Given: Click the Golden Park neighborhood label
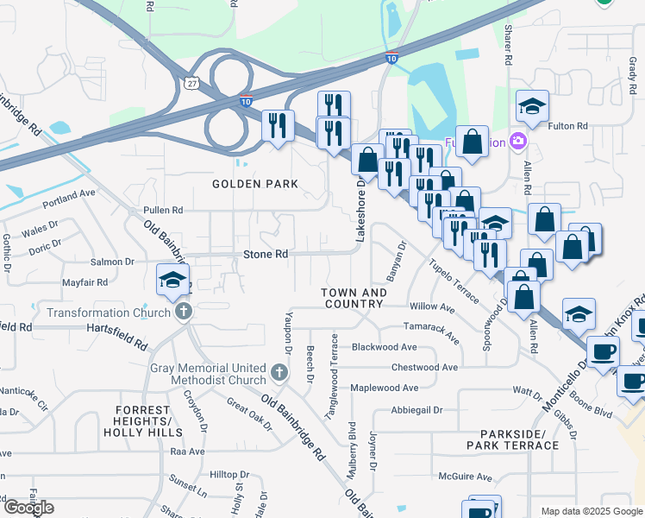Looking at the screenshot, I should pyautogui.click(x=257, y=184).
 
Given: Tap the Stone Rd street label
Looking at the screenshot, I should pyautogui.click(x=266, y=255).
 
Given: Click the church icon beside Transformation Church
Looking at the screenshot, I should pyautogui.click(x=182, y=312).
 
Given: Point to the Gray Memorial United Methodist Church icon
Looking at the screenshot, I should pyautogui.click(x=278, y=372).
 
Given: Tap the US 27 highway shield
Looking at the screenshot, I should pyautogui.click(x=191, y=81).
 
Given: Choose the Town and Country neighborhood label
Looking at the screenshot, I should pyautogui.click(x=353, y=298).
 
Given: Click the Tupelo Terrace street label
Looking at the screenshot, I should pyautogui.click(x=454, y=281).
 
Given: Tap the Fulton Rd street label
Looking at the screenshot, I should pyautogui.click(x=569, y=126).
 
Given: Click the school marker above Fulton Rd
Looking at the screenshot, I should pyautogui.click(x=533, y=107).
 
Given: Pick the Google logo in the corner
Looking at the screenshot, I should pyautogui.click(x=28, y=508).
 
